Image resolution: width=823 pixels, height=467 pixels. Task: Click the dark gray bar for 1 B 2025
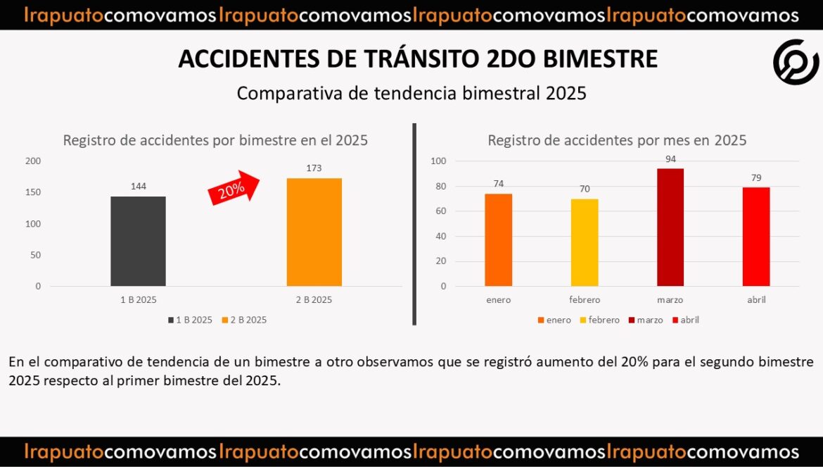click(138, 241)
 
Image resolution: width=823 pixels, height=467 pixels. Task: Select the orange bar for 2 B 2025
click(314, 232)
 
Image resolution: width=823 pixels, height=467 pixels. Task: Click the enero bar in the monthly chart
click(498, 239)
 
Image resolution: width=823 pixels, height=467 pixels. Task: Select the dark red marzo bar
click(670, 227)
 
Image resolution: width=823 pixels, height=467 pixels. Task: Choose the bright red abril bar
click(756, 237)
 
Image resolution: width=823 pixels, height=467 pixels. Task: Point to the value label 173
click(314, 169)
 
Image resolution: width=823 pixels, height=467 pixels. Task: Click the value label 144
click(138, 187)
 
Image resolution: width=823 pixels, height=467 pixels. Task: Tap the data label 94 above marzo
click(670, 159)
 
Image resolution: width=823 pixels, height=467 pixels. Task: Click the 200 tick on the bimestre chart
click(33, 161)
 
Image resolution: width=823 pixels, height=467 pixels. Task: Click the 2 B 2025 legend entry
click(244, 320)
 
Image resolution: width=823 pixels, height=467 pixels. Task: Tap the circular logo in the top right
click(796, 62)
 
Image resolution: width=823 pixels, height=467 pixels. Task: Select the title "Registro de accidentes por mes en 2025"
click(617, 140)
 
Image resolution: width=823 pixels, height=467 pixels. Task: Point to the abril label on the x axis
click(756, 300)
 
